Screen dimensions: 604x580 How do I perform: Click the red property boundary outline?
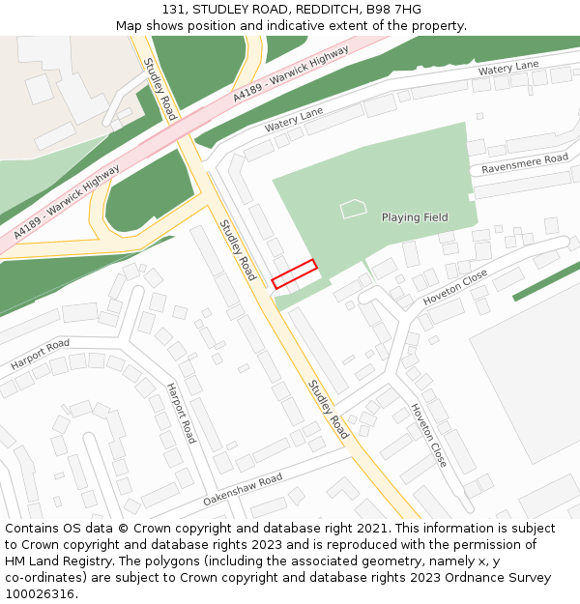click(x=294, y=273)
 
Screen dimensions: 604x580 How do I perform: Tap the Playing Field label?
click(x=414, y=217)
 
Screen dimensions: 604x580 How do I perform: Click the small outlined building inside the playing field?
click(x=354, y=208)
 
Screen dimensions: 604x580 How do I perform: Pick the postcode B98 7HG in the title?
click(x=394, y=10)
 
